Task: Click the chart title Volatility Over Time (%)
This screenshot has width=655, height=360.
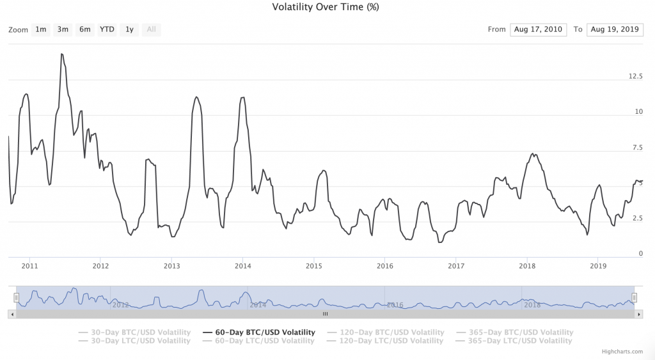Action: (x=326, y=8)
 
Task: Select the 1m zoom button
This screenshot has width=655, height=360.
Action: (x=41, y=29)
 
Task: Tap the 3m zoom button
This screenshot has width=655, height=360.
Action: (x=63, y=29)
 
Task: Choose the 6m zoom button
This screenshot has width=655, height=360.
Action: (x=85, y=29)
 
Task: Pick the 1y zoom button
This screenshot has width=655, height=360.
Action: (x=129, y=29)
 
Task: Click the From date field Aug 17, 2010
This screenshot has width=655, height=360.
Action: (x=538, y=29)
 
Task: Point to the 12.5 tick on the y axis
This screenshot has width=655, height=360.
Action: (x=635, y=76)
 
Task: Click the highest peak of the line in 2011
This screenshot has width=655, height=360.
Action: (x=61, y=54)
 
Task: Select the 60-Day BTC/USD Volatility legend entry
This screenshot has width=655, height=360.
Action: (x=258, y=333)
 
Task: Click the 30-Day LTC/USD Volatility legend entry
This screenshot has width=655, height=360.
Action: (x=134, y=341)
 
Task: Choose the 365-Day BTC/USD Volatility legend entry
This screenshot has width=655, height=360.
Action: (x=516, y=333)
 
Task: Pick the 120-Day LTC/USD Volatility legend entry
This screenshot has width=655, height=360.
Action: (x=385, y=341)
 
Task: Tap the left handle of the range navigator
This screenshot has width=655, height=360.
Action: (x=17, y=297)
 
